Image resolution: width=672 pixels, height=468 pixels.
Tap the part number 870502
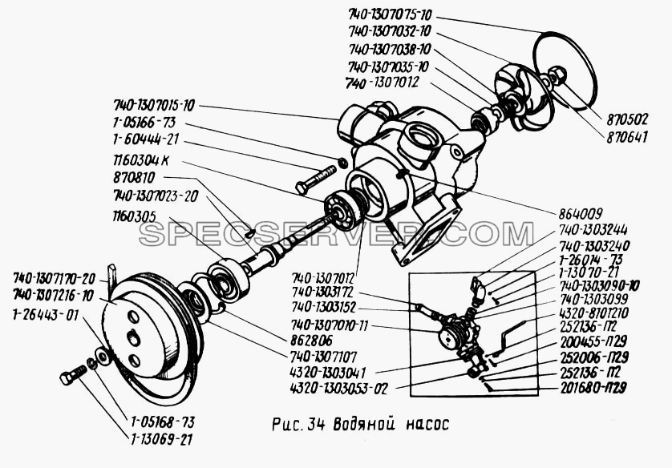[x=627, y=119]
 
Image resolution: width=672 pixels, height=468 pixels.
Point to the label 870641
[x=627, y=136]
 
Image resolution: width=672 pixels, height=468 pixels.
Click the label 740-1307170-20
[x=55, y=278]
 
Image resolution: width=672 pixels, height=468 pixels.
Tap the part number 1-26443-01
[x=45, y=314]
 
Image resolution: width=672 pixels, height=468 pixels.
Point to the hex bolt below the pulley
[x=72, y=373]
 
